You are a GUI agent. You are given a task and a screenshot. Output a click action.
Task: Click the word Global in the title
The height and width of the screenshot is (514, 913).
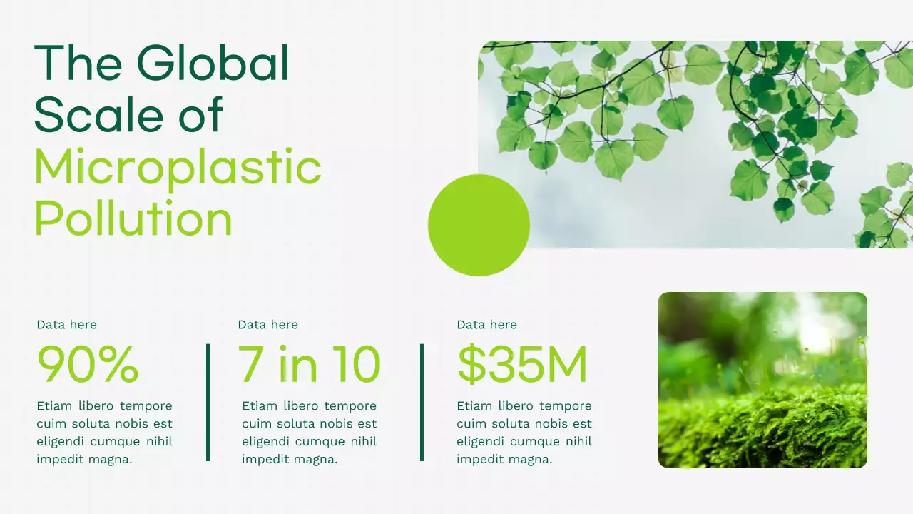click(213, 63)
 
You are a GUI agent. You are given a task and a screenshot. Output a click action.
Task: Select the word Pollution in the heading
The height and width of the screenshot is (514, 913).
click(133, 219)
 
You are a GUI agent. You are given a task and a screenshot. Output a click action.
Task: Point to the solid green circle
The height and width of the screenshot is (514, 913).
click(479, 225)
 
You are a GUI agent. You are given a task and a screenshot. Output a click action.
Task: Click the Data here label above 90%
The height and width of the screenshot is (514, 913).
click(66, 325)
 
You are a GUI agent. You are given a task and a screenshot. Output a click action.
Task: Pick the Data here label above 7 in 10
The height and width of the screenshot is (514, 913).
click(267, 325)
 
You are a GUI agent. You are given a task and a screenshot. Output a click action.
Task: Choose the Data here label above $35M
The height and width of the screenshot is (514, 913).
click(486, 325)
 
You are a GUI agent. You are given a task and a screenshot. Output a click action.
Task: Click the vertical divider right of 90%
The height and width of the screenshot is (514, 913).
click(208, 402)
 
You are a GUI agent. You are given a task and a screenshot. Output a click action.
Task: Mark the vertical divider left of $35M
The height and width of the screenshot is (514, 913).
click(422, 402)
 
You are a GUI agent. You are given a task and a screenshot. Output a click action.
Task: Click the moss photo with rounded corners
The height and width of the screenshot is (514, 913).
click(762, 380)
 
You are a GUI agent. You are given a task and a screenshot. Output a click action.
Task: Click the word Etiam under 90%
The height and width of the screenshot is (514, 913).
click(54, 406)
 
